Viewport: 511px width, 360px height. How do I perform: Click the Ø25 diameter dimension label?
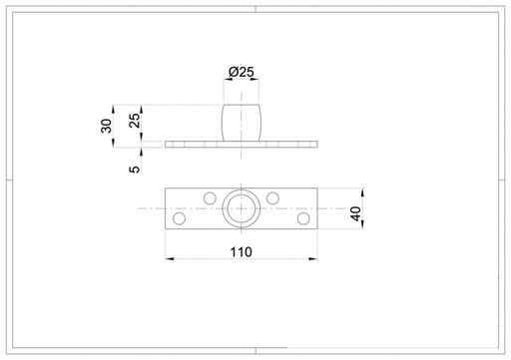[242, 72]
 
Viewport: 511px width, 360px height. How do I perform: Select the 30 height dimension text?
[107, 126]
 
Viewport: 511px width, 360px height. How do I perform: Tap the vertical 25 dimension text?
[135, 121]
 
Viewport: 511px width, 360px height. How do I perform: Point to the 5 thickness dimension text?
[135, 170]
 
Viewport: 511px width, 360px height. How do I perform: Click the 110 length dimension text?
[242, 252]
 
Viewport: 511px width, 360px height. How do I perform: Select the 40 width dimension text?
[356, 213]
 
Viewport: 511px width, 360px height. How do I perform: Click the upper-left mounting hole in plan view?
[210, 198]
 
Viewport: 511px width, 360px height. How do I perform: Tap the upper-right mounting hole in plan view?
[272, 198]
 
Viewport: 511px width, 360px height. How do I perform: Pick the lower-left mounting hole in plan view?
[180, 218]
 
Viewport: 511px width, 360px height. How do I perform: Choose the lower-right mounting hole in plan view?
[303, 218]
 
